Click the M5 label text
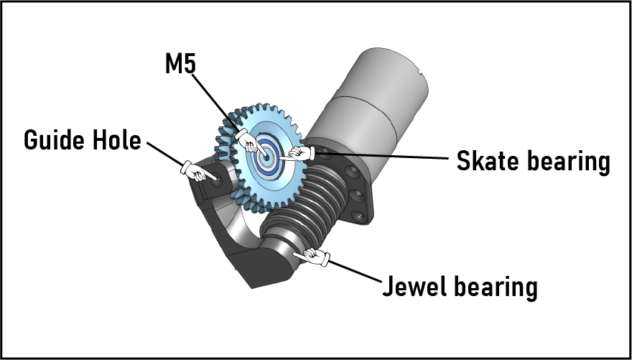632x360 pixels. [x=180, y=65]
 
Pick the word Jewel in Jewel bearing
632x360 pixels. [x=416, y=286]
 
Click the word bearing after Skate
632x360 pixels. [x=572, y=161]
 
